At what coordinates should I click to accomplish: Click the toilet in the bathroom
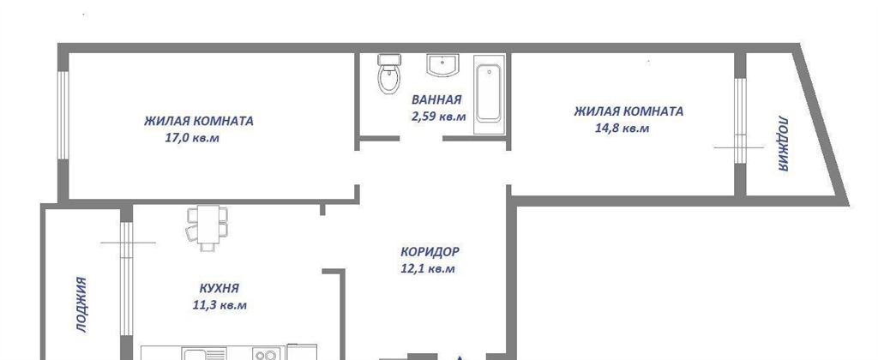pyautogui.click(x=388, y=74)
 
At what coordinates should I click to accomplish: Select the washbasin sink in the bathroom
pyautogui.click(x=442, y=65)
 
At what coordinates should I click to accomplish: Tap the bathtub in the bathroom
pyautogui.click(x=489, y=94)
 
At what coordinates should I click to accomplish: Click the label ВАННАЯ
pyautogui.click(x=436, y=100)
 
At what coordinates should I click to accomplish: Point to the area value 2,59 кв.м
pyautogui.click(x=438, y=117)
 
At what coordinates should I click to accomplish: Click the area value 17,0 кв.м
pyautogui.click(x=192, y=138)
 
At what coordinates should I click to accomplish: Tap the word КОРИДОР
pyautogui.click(x=430, y=252)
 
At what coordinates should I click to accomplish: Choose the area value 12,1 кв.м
pyautogui.click(x=428, y=269)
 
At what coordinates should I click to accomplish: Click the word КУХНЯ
pyautogui.click(x=219, y=289)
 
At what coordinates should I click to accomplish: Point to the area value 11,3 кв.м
pyautogui.click(x=219, y=306)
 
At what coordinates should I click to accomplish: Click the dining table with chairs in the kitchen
pyautogui.click(x=207, y=229)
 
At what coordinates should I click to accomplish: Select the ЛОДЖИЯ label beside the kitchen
pyautogui.click(x=81, y=305)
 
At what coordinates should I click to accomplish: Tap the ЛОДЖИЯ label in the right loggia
pyautogui.click(x=783, y=144)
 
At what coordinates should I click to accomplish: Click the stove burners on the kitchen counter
pyautogui.click(x=265, y=354)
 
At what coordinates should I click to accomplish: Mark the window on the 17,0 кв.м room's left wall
pyautogui.click(x=63, y=116)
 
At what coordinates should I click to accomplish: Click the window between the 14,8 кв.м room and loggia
pyautogui.click(x=740, y=120)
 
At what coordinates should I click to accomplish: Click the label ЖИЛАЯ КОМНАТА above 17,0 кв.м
pyautogui.click(x=199, y=121)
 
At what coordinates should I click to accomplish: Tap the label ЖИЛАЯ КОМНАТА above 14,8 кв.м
pyautogui.click(x=628, y=111)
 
